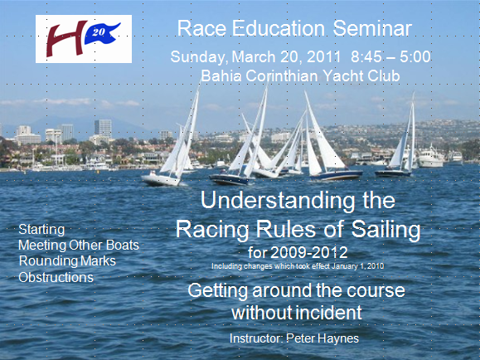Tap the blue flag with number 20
(101, 33)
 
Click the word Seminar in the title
(372, 28)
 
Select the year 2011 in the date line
(323, 57)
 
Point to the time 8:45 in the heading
(366, 57)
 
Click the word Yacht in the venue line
(342, 76)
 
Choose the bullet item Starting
(41, 230)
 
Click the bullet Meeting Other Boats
(79, 245)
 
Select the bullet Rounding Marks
(67, 261)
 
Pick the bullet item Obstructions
(56, 277)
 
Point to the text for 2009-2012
(298, 253)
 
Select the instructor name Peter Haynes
(322, 338)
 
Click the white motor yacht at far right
(431, 158)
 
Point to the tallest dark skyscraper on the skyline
(103, 129)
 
